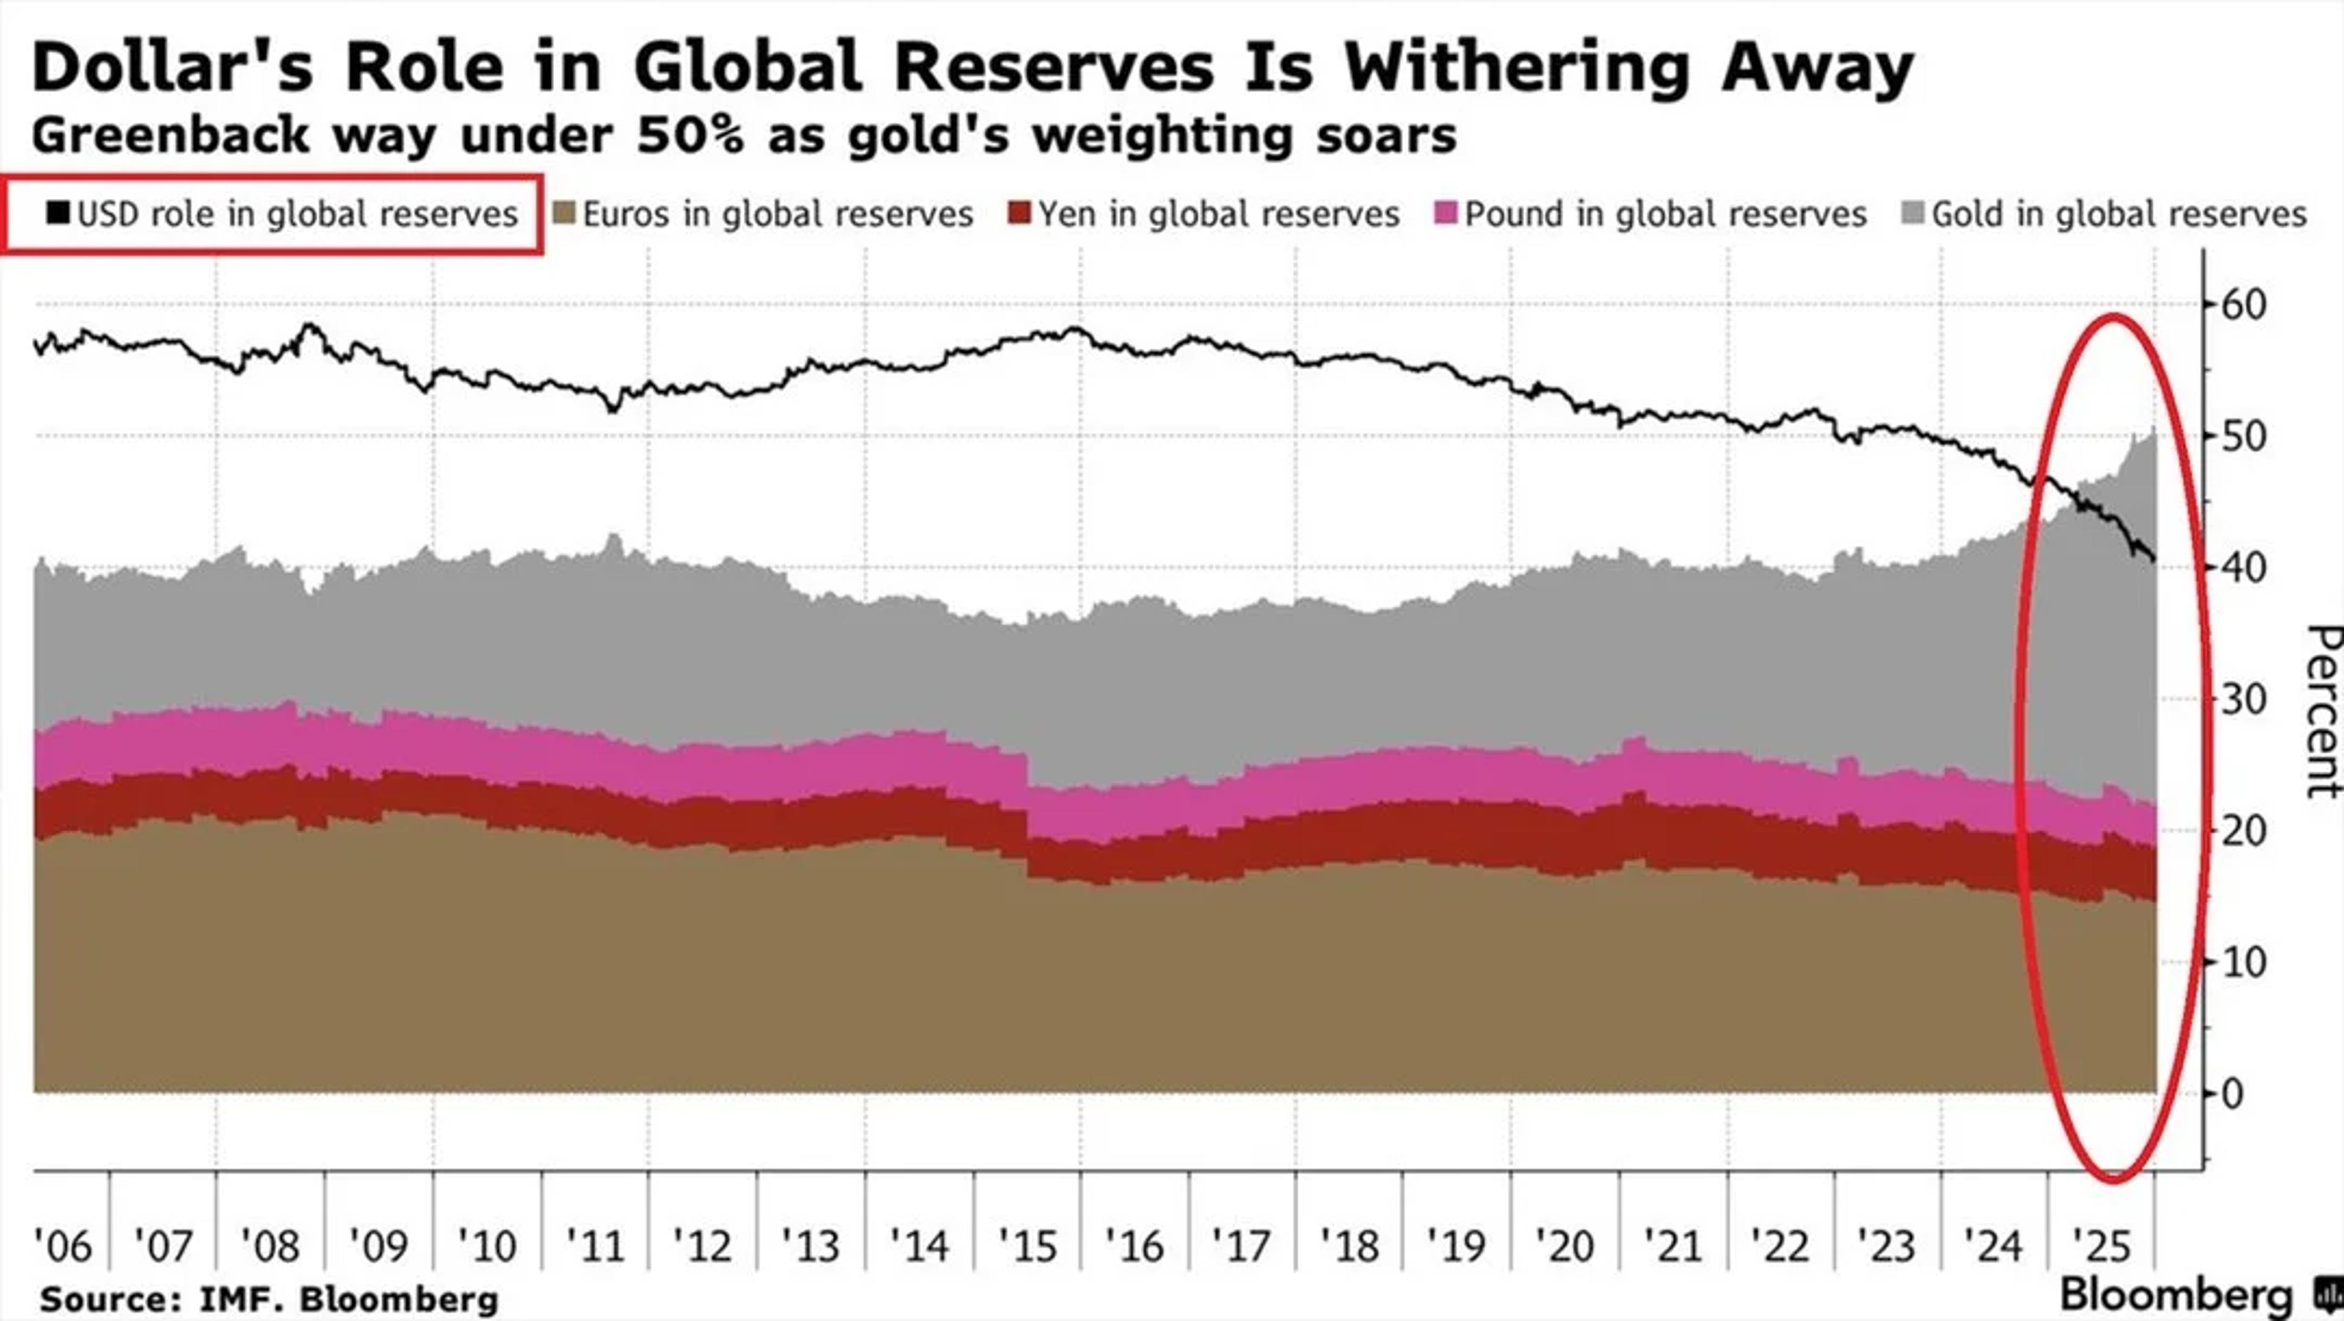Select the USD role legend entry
[x=282, y=215]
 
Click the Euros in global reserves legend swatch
[x=565, y=215]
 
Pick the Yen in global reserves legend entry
[x=1205, y=215]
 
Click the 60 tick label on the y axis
[x=2243, y=305]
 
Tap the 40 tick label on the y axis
[x=2243, y=567]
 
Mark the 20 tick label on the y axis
[x=2243, y=830]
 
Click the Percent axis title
[x=2323, y=711]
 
